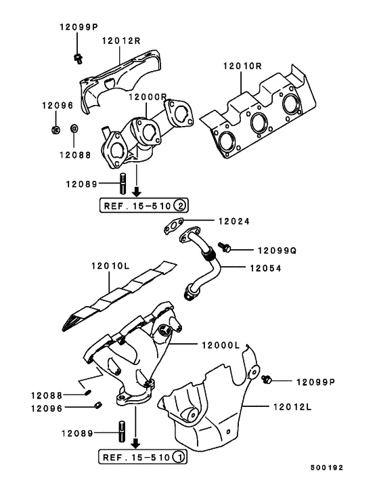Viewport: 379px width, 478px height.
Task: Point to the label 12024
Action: click(x=233, y=220)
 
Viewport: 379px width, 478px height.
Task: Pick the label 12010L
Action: click(x=109, y=267)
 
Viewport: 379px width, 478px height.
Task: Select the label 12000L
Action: click(x=221, y=345)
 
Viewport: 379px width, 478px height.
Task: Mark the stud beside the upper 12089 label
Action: click(x=124, y=183)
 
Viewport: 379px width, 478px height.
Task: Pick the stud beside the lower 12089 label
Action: click(x=122, y=431)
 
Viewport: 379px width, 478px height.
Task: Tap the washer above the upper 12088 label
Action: click(x=75, y=127)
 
